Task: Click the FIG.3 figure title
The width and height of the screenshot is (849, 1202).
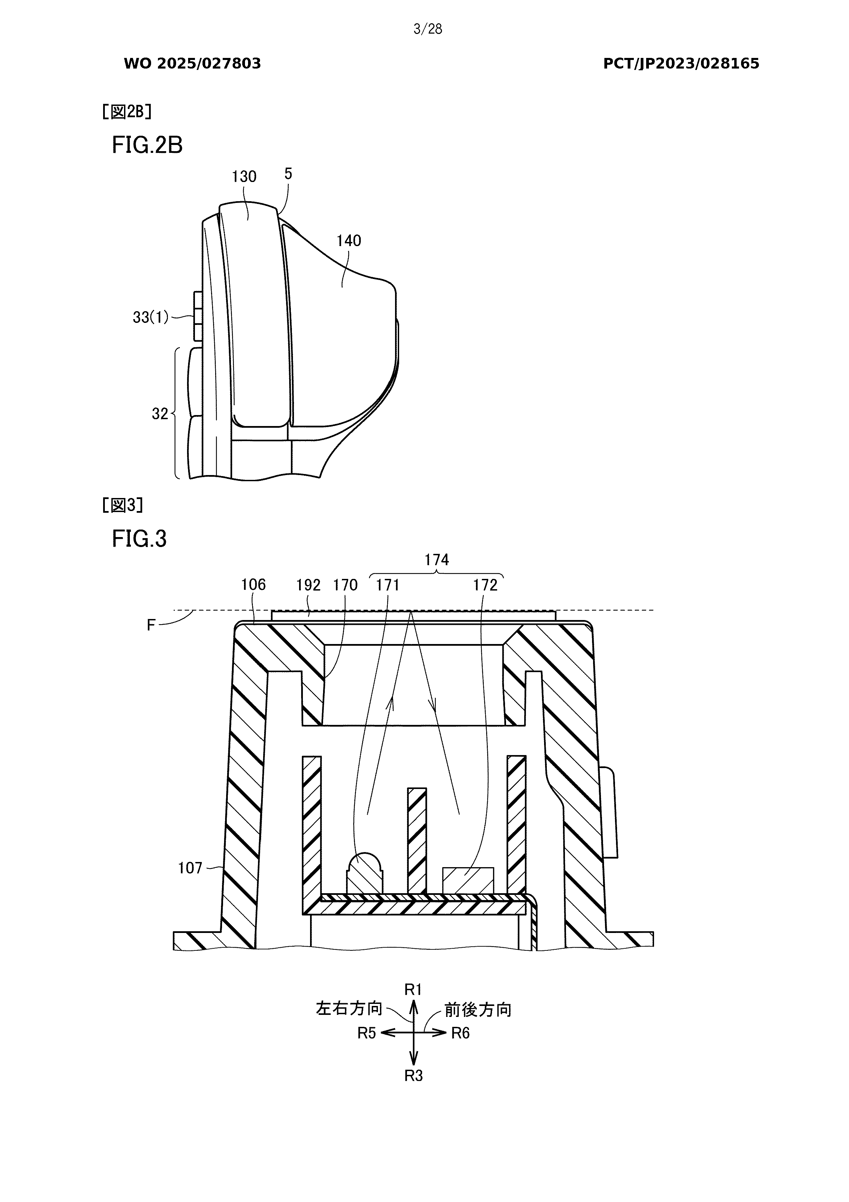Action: [139, 539]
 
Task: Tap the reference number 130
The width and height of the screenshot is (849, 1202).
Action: [244, 177]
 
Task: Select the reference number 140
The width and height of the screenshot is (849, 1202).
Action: [348, 241]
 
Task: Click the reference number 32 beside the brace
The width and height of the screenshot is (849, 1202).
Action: [160, 414]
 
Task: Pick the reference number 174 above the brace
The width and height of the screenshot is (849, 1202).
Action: [436, 560]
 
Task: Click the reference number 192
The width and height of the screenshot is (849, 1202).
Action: [308, 585]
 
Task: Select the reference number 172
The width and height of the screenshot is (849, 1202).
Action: [485, 585]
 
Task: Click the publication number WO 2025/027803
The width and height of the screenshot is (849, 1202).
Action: [192, 64]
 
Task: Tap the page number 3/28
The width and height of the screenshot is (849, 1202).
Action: [428, 29]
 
